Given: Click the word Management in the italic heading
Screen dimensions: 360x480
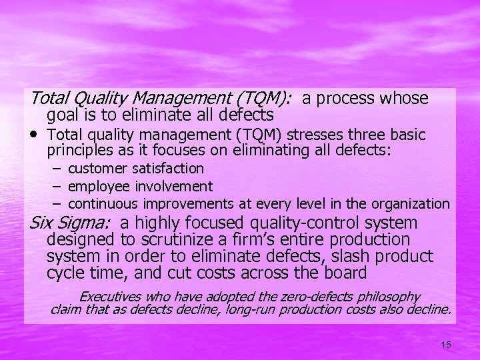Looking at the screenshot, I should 173,99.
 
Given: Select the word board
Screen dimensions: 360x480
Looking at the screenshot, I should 345,273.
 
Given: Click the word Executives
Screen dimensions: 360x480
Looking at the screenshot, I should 111,297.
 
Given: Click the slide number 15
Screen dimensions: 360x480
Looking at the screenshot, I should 445,345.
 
